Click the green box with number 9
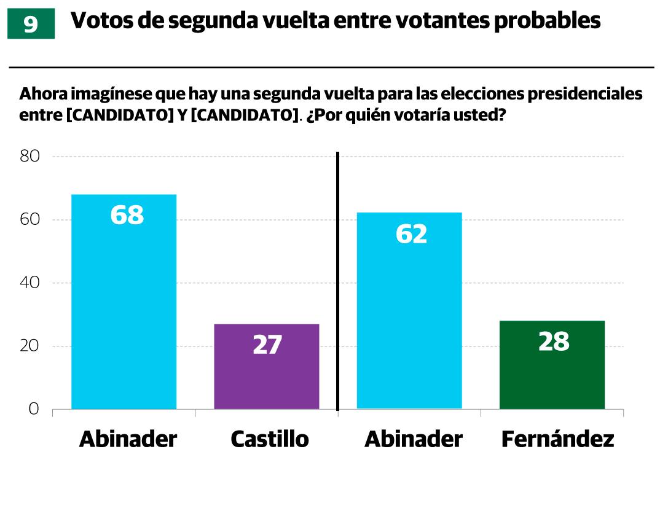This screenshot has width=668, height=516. coord(31,24)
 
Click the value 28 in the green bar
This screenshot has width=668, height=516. coord(554,342)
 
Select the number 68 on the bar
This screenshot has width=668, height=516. coord(127,215)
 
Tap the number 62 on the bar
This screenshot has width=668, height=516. coord(411,234)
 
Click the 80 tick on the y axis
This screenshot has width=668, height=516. coord(30,156)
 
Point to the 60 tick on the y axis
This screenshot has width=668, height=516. coord(30,220)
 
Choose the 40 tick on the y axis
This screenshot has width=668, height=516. coord(30,283)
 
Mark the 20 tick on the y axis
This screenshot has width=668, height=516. coord(30,346)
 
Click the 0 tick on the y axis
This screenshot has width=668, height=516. coord(34,409)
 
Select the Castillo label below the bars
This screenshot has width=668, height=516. coord(270,439)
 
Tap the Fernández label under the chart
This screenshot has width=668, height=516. coord(557,439)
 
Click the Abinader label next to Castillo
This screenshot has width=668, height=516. coord(128,439)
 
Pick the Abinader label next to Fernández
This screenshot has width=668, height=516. coord(414,439)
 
